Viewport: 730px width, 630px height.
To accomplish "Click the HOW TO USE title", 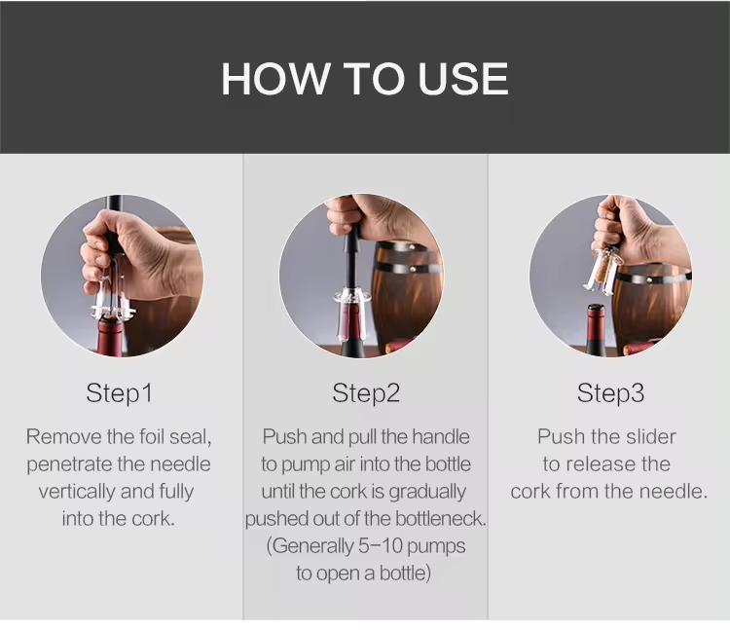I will click(365, 79).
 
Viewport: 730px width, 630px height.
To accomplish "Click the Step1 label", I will click(120, 393).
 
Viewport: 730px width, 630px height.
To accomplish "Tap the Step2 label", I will click(366, 393).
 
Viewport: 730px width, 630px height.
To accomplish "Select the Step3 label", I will click(610, 393).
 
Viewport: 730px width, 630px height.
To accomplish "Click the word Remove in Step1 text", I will click(61, 436).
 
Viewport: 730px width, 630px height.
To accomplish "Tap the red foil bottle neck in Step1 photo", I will click(110, 337).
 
